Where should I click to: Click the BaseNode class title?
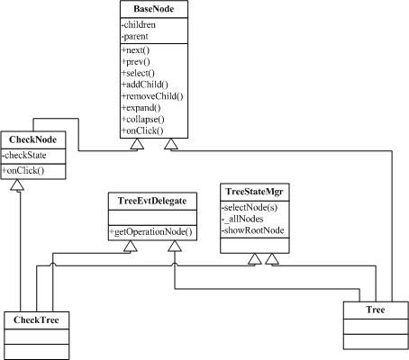(x=154, y=9)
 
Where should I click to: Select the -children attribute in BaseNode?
(x=139, y=24)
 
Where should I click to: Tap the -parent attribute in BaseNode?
(x=135, y=36)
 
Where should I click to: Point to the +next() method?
(x=135, y=50)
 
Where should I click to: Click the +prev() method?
(x=136, y=62)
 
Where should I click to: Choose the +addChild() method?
(x=145, y=85)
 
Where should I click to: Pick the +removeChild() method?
(x=152, y=96)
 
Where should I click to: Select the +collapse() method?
(x=143, y=120)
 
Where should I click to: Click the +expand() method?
(x=141, y=108)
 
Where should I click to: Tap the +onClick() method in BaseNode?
(x=142, y=130)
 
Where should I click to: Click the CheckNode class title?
(x=32, y=139)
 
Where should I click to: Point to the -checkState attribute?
(x=24, y=155)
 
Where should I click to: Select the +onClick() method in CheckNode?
(x=23, y=170)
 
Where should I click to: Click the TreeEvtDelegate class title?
(x=152, y=201)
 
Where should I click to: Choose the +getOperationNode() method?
(x=150, y=232)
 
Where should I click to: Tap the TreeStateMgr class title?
(x=254, y=192)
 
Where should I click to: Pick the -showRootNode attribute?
(x=253, y=230)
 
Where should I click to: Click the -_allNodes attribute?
(x=242, y=219)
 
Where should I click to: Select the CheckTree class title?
(x=36, y=319)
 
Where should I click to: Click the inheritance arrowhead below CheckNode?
(x=17, y=184)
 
